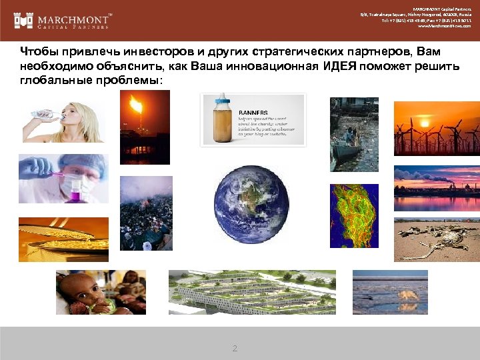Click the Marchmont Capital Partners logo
point(63,21)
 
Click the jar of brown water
point(221,120)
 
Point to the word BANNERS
point(253,113)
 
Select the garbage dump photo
point(146,213)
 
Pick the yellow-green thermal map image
point(354,216)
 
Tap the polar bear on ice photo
point(390,292)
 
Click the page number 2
point(234,349)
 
